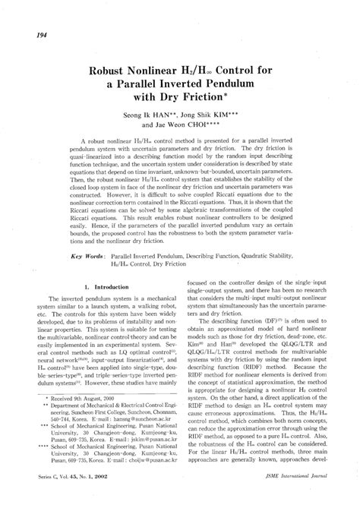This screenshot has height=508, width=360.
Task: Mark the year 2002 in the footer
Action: coord(109,497)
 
